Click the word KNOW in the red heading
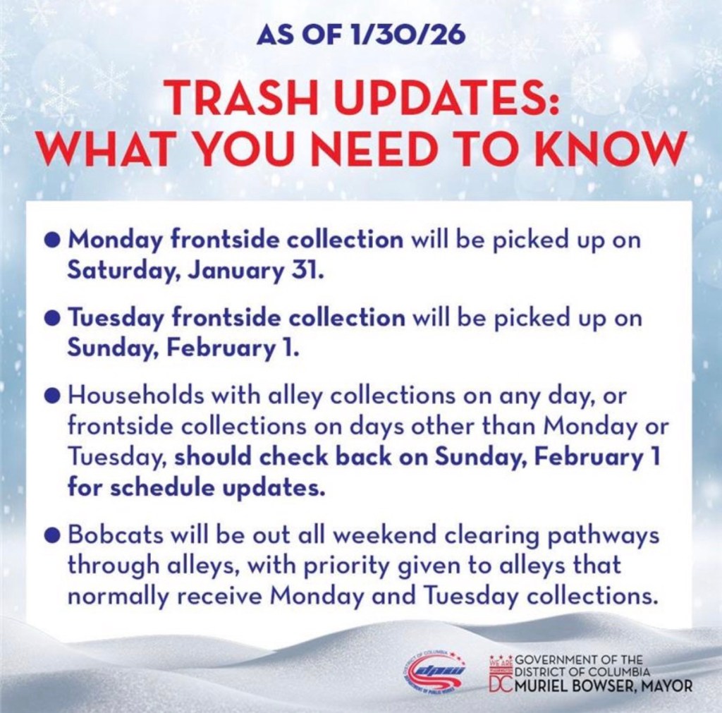[x=602, y=149]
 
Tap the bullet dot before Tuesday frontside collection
[x=54, y=318]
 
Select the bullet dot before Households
[x=54, y=396]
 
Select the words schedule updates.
[x=218, y=488]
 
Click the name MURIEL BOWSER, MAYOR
[x=604, y=685]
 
